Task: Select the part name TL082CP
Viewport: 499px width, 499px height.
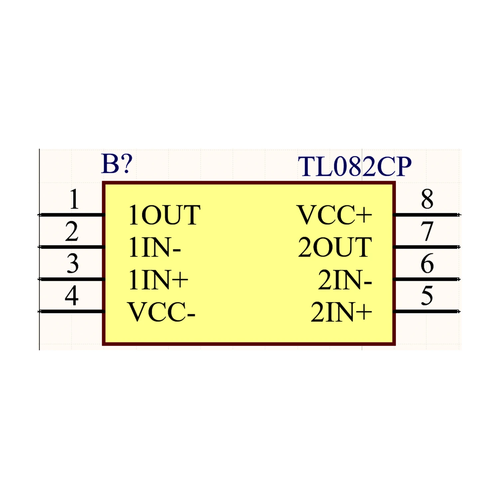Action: click(x=355, y=166)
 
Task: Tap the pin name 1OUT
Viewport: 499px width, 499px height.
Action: click(x=164, y=215)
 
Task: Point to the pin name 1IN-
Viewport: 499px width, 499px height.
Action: click(x=155, y=248)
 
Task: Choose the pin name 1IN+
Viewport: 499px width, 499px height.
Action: click(x=158, y=280)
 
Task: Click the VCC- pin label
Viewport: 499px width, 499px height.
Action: click(x=161, y=312)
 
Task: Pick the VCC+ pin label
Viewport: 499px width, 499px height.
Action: click(x=334, y=215)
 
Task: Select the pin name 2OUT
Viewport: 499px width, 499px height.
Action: click(x=335, y=248)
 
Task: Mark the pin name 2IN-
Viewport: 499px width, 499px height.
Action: click(x=345, y=280)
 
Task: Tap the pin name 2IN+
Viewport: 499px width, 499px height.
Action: click(x=341, y=312)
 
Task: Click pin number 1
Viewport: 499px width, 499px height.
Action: click(x=74, y=199)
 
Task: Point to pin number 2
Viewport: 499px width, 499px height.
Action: click(x=72, y=232)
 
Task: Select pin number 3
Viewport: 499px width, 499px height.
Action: click(x=73, y=263)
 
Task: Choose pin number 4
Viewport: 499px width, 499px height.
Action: click(x=72, y=296)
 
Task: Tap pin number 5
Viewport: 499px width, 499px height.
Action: click(x=427, y=295)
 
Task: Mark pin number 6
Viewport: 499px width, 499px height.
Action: click(x=427, y=263)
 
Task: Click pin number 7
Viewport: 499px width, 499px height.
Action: click(x=427, y=231)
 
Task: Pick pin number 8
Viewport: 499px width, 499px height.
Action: click(x=427, y=199)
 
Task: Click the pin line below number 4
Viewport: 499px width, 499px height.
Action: click(x=71, y=311)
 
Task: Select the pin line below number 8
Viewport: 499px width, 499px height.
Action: click(x=426, y=215)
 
